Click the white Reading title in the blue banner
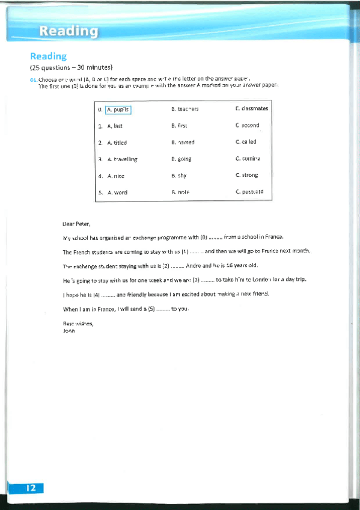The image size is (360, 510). point(69,31)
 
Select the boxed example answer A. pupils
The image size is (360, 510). point(118,109)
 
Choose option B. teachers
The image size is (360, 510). point(185,109)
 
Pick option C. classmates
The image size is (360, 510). point(252,109)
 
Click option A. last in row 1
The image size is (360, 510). point(114,126)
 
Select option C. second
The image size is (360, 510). point(248,126)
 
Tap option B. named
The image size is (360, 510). point(183,143)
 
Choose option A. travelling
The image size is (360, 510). point(122,159)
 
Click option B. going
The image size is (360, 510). point(181,159)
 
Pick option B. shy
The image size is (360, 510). point(178,176)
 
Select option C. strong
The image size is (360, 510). point(247,176)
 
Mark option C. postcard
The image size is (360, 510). point(249,192)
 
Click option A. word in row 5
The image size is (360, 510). point(117,192)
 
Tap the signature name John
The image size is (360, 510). point(69,330)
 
